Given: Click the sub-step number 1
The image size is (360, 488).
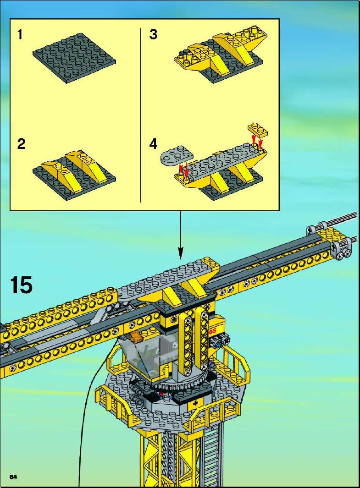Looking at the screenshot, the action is (x=20, y=34).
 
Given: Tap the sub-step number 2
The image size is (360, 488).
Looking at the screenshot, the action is (x=21, y=144).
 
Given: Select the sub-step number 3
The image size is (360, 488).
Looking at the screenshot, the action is (x=153, y=34).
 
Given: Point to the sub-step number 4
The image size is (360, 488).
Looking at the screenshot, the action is (x=153, y=144).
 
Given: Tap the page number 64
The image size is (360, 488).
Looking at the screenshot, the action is (x=13, y=477).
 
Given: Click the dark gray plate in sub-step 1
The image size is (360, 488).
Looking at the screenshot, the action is (x=74, y=58).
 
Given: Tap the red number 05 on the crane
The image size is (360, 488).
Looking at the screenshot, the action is (x=212, y=331).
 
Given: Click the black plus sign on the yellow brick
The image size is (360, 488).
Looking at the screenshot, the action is (x=195, y=404).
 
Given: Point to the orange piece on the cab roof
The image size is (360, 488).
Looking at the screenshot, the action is (x=136, y=337).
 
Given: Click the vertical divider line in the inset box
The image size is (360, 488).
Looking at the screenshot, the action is (x=141, y=115).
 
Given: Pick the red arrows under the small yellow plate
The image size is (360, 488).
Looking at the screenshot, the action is (x=258, y=141).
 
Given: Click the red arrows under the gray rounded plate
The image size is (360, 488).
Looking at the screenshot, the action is (x=183, y=170).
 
